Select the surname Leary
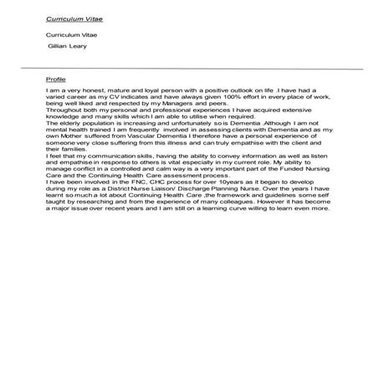pyautogui.click(x=79, y=47)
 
